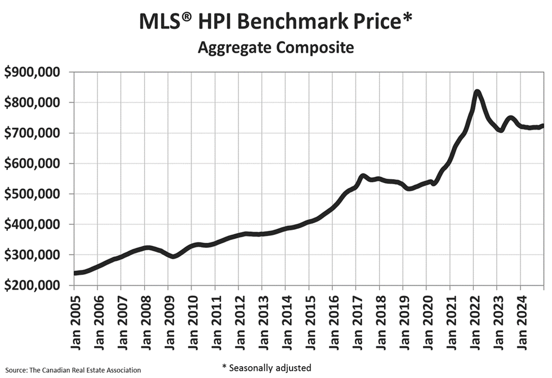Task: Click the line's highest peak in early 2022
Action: click(477, 91)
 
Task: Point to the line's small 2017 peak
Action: click(363, 176)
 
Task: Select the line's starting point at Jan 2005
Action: click(75, 273)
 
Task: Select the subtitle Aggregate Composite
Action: click(275, 48)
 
